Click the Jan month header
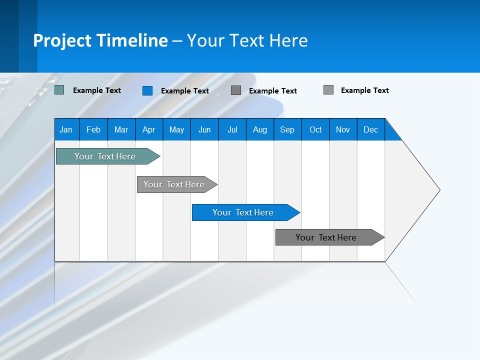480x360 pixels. pos(66,129)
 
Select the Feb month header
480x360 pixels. pos(93,129)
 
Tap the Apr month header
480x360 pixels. pos(148,129)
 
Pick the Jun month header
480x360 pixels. pos(204,129)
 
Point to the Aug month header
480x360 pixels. pos(260,129)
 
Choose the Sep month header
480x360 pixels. pos(287,129)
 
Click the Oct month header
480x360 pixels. pos(315,129)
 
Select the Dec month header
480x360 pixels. pos(371,129)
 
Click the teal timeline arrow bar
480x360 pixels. pos(105,156)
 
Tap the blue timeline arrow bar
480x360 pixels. pos(243,212)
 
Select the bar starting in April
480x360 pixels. pos(174,184)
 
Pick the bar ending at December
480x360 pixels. pos(326,237)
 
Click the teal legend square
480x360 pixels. pos(59,90)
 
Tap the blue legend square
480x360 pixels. pos(147,90)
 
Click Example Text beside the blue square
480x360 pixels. pos(185,91)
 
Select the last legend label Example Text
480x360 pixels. pos(365,90)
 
